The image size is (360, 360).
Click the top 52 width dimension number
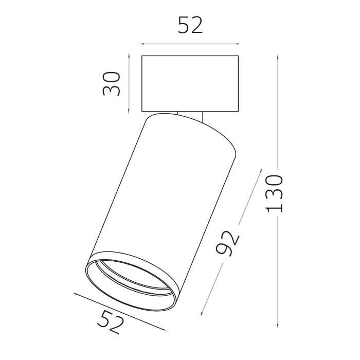click(x=190, y=25)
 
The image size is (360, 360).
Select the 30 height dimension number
click(x=112, y=83)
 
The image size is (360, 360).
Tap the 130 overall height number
click(x=275, y=193)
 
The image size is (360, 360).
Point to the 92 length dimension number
click(x=227, y=242)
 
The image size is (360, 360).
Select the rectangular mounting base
click(x=190, y=83)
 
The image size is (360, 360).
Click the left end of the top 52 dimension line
click(x=140, y=44)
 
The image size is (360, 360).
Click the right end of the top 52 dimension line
click(x=240, y=44)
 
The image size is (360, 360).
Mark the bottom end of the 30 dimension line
click(x=128, y=113)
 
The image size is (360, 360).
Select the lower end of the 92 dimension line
click(x=202, y=314)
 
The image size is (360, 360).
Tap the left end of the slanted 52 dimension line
click(x=75, y=294)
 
